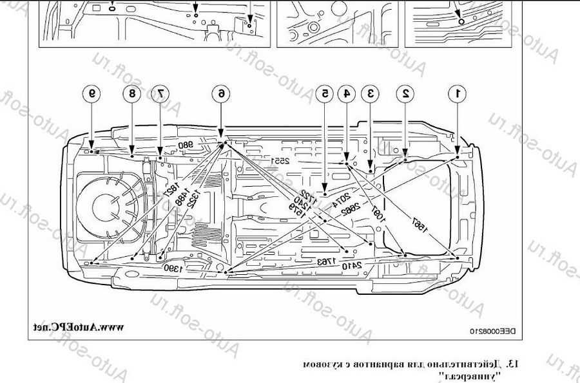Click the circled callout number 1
point(458,93)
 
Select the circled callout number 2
point(406,93)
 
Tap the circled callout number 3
point(371,93)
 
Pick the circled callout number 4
point(347,93)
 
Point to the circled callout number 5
point(325,93)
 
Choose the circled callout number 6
point(221,93)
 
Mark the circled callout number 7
point(159,93)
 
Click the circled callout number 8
point(132,93)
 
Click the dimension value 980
point(186,145)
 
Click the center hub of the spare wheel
point(105,207)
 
